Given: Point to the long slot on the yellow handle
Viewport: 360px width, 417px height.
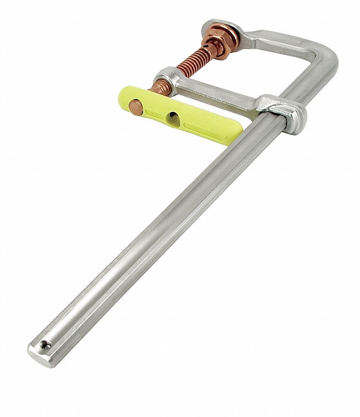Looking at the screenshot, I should (x=203, y=128).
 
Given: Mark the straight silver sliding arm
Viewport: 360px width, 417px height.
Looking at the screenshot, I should (x=217, y=93).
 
